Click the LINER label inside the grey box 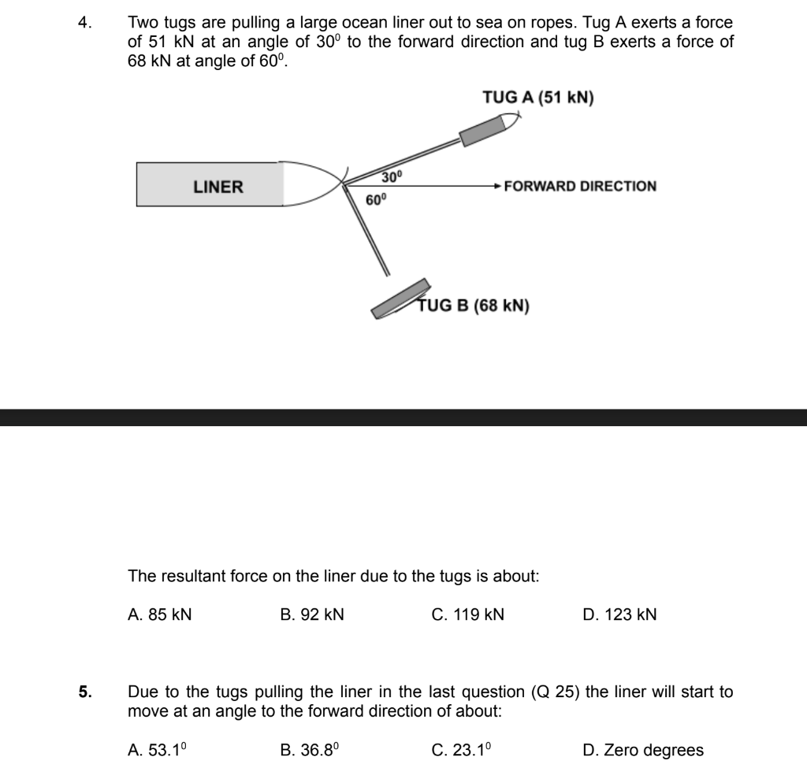point(218,187)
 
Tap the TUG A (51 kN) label point(538,98)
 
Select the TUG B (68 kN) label point(474,306)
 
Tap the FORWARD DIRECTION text point(580,187)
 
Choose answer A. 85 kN point(159,615)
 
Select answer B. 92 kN point(312,615)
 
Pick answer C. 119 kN point(468,615)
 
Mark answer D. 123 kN point(619,615)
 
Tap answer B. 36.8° point(310,751)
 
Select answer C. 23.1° point(464,751)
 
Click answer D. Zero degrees point(643,751)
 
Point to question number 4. point(84,24)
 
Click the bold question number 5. point(84,693)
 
